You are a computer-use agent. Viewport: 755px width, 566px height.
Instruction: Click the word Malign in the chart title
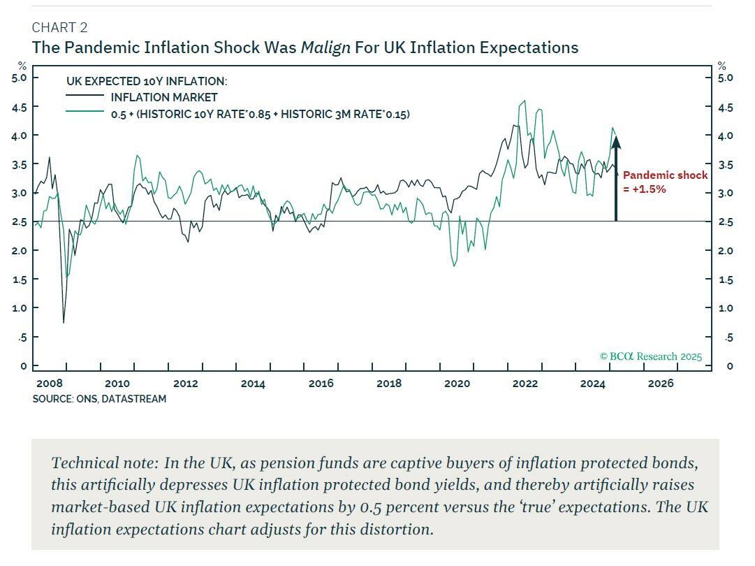(x=325, y=48)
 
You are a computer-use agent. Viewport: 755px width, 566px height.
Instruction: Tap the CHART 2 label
(x=59, y=27)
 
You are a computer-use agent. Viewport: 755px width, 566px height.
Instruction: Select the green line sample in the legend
(x=85, y=113)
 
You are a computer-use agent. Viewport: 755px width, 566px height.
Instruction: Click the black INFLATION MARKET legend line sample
(x=85, y=97)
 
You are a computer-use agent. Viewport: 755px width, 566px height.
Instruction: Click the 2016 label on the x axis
(x=321, y=384)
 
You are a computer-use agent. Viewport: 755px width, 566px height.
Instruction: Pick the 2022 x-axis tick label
(x=525, y=384)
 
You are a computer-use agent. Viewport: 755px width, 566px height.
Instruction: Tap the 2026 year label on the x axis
(x=661, y=384)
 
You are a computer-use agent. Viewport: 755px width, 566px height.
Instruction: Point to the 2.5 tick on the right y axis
(x=726, y=222)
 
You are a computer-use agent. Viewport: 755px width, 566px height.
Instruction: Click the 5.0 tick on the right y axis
(x=726, y=78)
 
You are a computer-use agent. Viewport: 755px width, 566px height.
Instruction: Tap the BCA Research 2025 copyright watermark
(x=650, y=356)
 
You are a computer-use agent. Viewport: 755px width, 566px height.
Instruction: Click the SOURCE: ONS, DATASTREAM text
(x=99, y=399)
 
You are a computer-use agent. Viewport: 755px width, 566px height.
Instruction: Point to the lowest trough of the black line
(x=64, y=322)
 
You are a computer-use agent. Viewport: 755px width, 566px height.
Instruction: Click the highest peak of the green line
(x=524, y=101)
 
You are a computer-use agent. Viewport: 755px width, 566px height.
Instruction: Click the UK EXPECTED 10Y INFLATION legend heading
(x=147, y=81)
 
